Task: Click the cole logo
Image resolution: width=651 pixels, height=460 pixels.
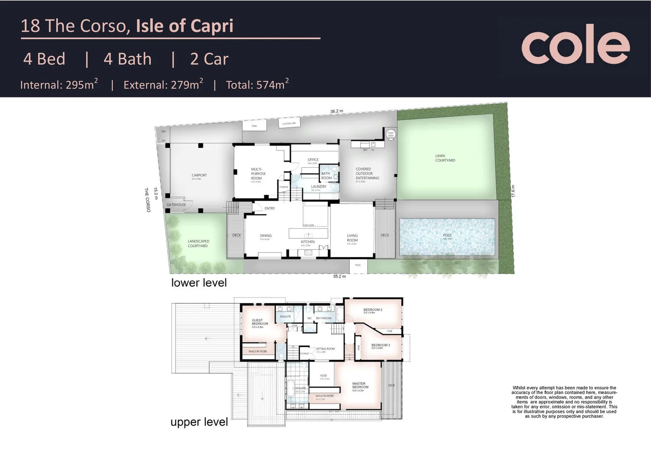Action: pyautogui.click(x=575, y=45)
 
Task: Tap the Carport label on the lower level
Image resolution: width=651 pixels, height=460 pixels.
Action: pyautogui.click(x=199, y=175)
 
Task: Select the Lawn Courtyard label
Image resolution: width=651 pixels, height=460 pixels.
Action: pyautogui.click(x=445, y=158)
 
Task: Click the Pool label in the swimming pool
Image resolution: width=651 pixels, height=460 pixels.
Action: pyautogui.click(x=447, y=236)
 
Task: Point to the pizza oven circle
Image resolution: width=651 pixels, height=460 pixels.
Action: pyautogui.click(x=390, y=134)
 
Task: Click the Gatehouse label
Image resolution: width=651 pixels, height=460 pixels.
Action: pyautogui.click(x=176, y=205)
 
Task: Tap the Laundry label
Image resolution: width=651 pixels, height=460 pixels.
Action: pyautogui.click(x=319, y=187)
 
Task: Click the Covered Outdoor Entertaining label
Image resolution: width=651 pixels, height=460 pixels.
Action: pyautogui.click(x=367, y=174)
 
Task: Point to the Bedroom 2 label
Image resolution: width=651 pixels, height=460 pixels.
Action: pyautogui.click(x=372, y=310)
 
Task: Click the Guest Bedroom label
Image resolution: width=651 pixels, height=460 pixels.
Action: pyautogui.click(x=259, y=322)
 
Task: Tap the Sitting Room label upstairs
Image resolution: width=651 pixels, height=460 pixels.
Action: pyautogui.click(x=325, y=349)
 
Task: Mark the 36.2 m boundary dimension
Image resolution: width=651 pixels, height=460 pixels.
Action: pyautogui.click(x=337, y=112)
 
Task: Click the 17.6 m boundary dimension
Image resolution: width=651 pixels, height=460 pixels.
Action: pyautogui.click(x=513, y=191)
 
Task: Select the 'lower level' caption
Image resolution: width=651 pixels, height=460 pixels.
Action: pyautogui.click(x=199, y=283)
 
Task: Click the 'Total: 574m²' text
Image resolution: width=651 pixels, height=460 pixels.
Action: pyautogui.click(x=257, y=84)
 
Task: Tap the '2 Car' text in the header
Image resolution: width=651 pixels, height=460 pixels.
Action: pyautogui.click(x=209, y=59)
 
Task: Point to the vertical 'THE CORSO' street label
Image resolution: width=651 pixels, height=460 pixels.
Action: pyautogui.click(x=148, y=200)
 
